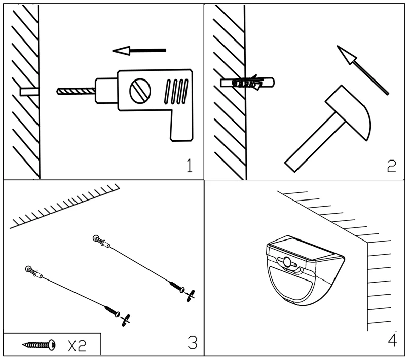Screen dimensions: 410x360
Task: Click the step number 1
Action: pos(190,166)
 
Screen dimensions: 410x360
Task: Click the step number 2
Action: pos(391,166)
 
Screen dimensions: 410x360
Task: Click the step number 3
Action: pos(193,342)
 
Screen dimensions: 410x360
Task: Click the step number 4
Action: pos(392,340)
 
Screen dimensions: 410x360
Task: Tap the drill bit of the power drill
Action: pos(76,91)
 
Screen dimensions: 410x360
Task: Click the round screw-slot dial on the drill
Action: pos(140,91)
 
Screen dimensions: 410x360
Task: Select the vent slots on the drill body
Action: pos(176,92)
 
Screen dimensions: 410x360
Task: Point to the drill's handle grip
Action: pos(182,126)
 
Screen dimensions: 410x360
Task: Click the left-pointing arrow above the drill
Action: pos(139,51)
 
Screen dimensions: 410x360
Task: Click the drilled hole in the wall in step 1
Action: pos(29,92)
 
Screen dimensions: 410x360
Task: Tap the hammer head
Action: pos(348,112)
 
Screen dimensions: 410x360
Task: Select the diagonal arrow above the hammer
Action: pos(362,70)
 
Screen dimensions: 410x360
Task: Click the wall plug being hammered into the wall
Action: pos(247,83)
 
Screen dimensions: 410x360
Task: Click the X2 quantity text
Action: pos(77,346)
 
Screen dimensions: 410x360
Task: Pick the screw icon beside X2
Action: pos(39,345)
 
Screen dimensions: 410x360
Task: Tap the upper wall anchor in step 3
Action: pos(101,242)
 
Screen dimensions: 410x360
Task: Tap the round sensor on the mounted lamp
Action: pos(288,261)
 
